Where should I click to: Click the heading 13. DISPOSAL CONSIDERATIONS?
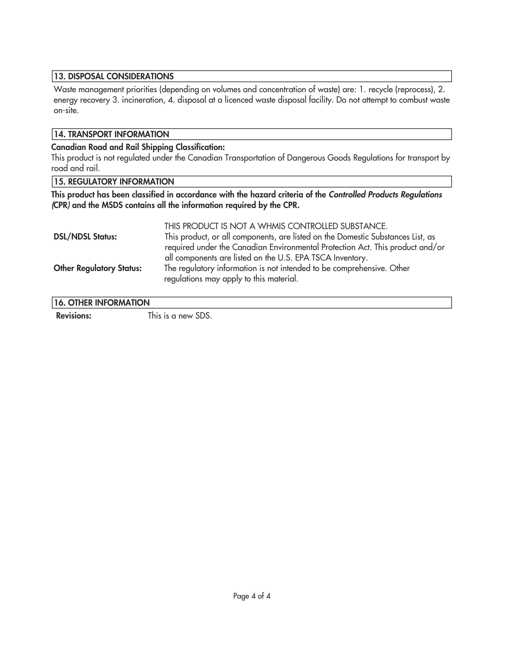[114, 77]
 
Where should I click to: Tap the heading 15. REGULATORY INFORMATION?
[114, 182]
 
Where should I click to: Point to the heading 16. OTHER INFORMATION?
[102, 303]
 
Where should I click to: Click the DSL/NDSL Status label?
[85, 237]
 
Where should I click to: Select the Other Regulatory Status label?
[97, 268]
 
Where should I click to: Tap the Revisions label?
[74, 316]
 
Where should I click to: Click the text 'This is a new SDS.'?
[180, 316]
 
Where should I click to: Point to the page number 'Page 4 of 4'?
[252, 596]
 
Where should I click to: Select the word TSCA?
[321, 258]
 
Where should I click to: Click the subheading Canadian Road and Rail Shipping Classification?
[138, 147]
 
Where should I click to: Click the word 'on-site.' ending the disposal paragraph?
[66, 111]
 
